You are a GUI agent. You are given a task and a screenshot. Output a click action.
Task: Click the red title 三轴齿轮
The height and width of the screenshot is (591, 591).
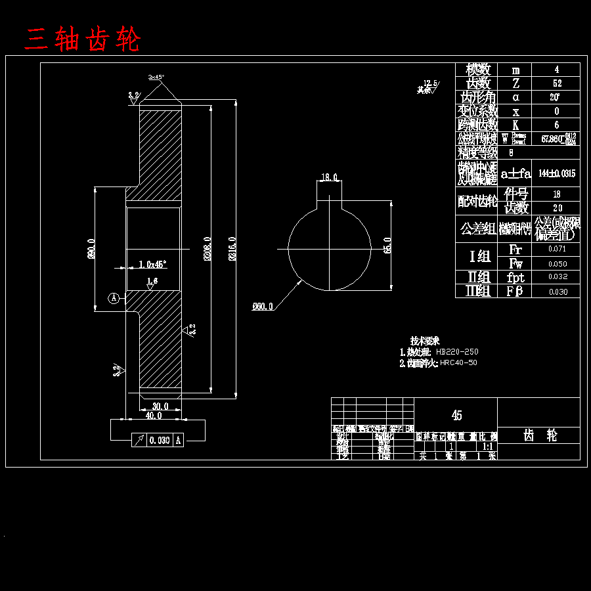[83, 40]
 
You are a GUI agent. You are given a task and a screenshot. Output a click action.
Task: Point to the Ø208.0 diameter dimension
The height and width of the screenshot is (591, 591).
[207, 250]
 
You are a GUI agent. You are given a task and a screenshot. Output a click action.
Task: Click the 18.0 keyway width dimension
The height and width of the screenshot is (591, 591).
[329, 177]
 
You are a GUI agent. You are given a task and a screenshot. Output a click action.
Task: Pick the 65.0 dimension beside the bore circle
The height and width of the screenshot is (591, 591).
[387, 245]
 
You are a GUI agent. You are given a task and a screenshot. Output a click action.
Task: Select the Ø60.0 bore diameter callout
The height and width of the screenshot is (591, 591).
[262, 306]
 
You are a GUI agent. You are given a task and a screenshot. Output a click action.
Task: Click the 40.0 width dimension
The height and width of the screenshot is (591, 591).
[153, 416]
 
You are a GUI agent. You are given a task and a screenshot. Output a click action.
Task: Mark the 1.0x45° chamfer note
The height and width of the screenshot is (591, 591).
[153, 264]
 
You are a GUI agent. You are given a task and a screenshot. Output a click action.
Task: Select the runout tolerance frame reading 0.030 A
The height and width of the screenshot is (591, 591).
[158, 440]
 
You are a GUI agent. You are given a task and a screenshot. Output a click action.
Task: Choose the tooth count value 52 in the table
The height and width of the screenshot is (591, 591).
[557, 83]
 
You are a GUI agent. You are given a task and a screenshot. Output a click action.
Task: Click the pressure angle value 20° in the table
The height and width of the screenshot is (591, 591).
[557, 97]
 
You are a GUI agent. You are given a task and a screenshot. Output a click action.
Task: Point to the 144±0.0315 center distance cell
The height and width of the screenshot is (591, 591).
[556, 173]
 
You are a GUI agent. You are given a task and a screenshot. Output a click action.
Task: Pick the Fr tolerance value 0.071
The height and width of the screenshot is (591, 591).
[557, 250]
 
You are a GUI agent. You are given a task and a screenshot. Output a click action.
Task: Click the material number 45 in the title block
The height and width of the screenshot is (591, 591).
[456, 415]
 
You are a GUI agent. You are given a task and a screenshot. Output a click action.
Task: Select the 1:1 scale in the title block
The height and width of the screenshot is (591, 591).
[488, 446]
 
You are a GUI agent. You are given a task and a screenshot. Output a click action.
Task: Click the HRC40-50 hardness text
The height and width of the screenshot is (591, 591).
[458, 362]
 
